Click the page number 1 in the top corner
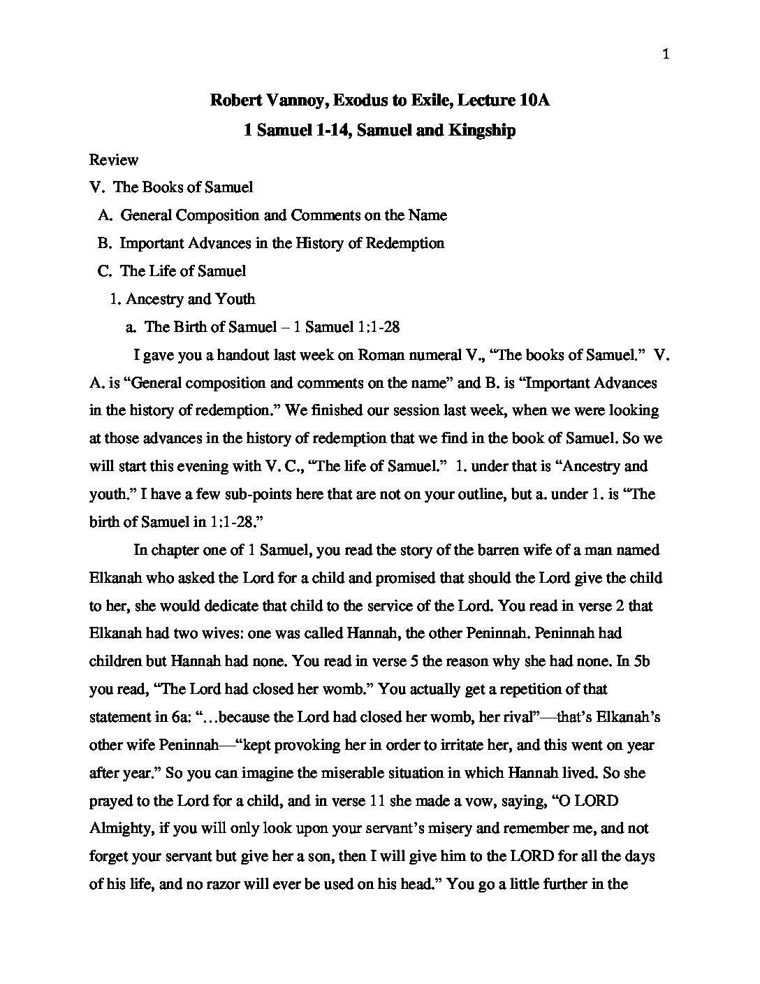666,55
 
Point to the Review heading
113,159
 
